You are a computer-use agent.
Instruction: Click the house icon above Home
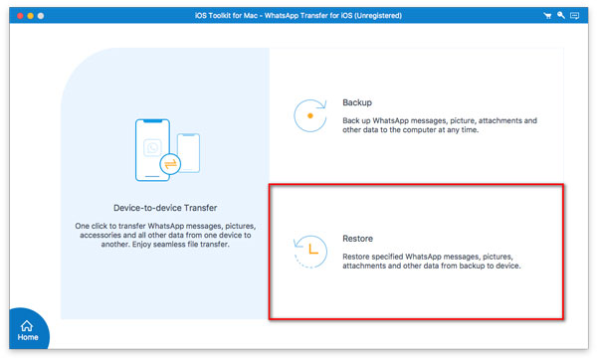[x=27, y=324]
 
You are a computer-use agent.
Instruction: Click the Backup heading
[x=358, y=102]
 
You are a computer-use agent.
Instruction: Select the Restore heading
[x=359, y=239]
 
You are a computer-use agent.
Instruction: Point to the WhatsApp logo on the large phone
[x=151, y=146]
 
